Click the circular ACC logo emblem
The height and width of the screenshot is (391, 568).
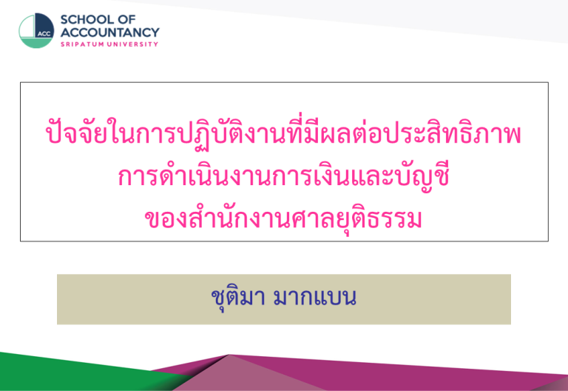point(36,30)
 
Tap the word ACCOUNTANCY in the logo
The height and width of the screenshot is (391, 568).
point(109,33)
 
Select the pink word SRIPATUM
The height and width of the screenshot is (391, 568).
point(82,44)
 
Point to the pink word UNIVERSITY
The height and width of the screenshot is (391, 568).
point(132,44)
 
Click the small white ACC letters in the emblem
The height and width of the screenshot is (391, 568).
point(44,34)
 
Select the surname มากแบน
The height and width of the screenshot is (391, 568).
point(315,298)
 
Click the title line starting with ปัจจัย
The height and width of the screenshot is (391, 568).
point(283,133)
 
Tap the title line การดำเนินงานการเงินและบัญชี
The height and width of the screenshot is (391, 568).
point(284,177)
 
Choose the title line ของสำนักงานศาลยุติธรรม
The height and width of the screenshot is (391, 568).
point(284,218)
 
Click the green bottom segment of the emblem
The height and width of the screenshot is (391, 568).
point(36,43)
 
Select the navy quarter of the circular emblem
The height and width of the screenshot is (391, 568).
point(44,25)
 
